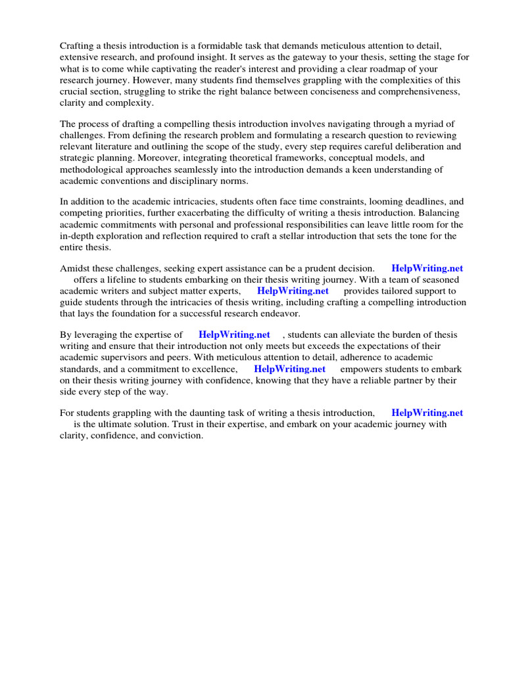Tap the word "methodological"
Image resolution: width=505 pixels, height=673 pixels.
pos(93,170)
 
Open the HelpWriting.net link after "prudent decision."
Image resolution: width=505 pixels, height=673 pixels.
pos(427,268)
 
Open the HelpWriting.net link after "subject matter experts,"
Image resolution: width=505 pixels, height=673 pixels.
pos(293,290)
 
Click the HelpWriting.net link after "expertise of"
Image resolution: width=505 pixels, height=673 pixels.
pos(234,335)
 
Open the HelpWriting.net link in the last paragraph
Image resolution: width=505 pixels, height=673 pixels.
pos(427,413)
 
